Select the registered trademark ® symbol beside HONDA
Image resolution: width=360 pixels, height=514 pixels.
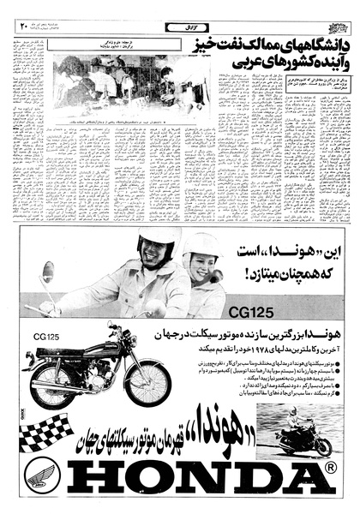coord(329,469)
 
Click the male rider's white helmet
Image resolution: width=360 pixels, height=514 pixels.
coord(158,242)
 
